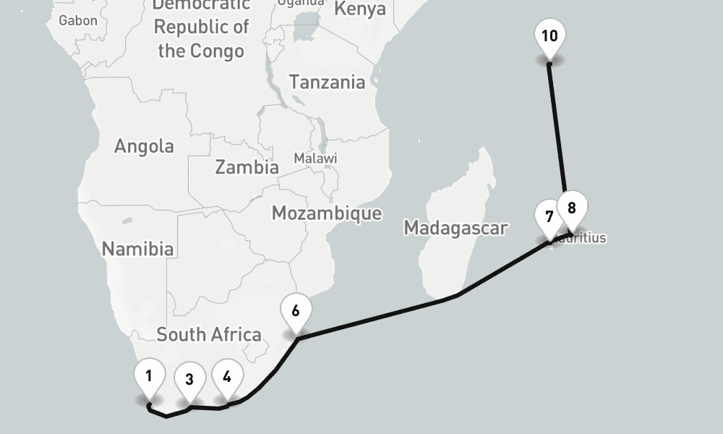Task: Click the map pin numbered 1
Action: (149, 376)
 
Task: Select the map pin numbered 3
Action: (189, 380)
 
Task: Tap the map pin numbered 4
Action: (227, 377)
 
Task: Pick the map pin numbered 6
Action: (296, 311)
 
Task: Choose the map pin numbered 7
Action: (549, 217)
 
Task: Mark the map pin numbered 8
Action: (571, 208)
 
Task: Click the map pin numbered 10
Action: (549, 35)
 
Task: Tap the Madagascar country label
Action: (455, 228)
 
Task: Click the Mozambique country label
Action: (326, 213)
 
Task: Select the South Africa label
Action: (208, 334)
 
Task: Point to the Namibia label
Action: (137, 249)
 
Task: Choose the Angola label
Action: (144, 146)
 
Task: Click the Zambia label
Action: (247, 167)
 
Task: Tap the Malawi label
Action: (315, 158)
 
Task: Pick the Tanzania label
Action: (328, 82)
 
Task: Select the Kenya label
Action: (360, 9)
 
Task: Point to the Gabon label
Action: (77, 20)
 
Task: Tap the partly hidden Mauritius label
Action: (589, 238)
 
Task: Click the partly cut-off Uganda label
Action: (301, 3)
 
